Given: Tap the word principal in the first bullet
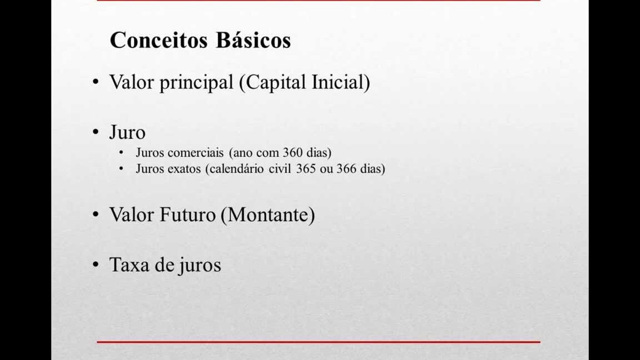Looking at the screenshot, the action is (196, 83).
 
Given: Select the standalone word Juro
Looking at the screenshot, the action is (127, 133).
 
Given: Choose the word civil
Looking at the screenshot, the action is (280, 168).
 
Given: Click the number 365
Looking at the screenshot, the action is (306, 168).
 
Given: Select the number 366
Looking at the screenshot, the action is (346, 168).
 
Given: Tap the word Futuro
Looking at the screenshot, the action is (187, 214).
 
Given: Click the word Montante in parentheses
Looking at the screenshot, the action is (268, 215).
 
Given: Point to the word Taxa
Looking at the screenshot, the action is (130, 264).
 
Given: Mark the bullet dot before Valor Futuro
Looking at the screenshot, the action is (96, 214).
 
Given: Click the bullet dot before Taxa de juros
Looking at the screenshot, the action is (96, 264).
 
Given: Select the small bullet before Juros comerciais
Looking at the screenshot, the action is (121, 153).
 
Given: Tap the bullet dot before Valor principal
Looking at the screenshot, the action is (96, 82).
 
